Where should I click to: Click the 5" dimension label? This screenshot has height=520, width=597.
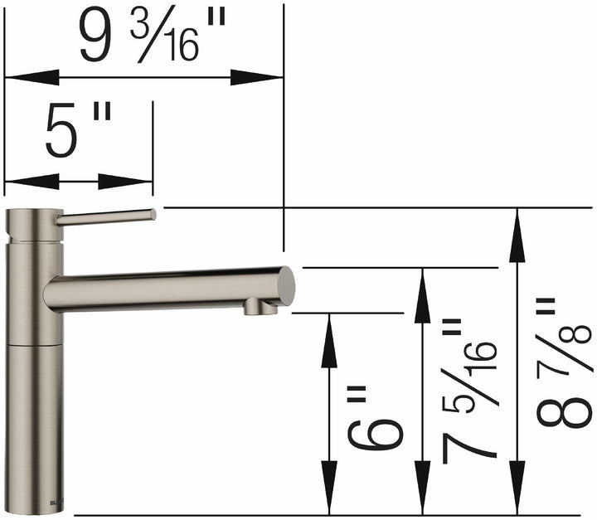(78, 133)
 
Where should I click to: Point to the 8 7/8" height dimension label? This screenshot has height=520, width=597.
(564, 365)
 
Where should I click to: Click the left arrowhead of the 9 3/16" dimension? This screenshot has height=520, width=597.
(30, 78)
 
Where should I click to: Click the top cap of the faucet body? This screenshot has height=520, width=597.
(33, 214)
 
